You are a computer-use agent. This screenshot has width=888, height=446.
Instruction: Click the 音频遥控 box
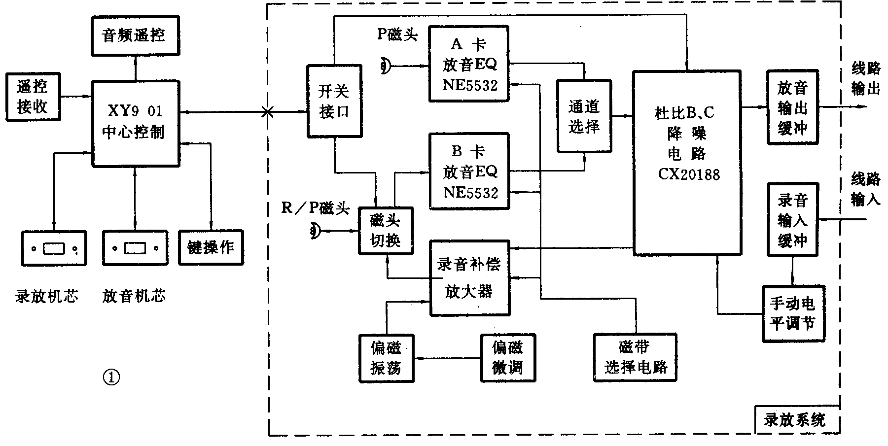[x=134, y=35]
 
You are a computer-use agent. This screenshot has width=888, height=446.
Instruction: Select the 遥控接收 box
[x=33, y=97]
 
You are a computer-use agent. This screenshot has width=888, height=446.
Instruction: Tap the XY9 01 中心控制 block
[x=136, y=123]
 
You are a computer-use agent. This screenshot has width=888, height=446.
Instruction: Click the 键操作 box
[x=211, y=247]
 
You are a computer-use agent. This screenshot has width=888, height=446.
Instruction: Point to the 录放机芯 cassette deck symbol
[x=54, y=248]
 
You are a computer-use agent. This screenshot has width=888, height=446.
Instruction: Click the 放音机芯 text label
[x=134, y=296]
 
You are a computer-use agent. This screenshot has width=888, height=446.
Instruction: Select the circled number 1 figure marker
[x=111, y=377]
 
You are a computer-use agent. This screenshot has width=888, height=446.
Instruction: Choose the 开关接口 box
[x=334, y=101]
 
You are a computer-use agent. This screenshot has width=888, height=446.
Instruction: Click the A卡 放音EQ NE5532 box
[x=468, y=64]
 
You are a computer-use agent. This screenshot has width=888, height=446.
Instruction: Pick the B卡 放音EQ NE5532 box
[x=468, y=171]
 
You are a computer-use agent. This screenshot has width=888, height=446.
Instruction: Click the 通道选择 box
[x=584, y=117]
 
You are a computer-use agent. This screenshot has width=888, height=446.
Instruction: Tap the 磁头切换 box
[x=386, y=231]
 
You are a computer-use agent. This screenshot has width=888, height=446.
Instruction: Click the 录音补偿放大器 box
[x=469, y=278]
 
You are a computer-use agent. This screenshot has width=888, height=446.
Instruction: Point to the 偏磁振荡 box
[x=386, y=358]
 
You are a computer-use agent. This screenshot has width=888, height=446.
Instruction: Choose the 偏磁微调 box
[x=507, y=358]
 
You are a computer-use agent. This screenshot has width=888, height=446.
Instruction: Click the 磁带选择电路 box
[x=635, y=358]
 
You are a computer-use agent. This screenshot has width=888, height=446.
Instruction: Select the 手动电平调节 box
[x=793, y=313]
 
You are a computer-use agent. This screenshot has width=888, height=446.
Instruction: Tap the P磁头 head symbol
[x=386, y=66]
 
